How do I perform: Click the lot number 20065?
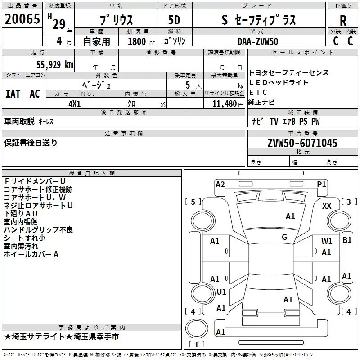click(x=22, y=19)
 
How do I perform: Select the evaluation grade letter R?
click(x=343, y=21)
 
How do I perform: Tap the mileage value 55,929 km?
click(x=55, y=65)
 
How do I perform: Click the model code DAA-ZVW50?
click(x=258, y=41)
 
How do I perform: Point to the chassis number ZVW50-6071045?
click(x=302, y=143)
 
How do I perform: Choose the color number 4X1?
click(x=75, y=104)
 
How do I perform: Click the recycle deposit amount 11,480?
click(x=225, y=104)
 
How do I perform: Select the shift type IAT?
click(x=13, y=94)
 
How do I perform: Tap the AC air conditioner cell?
click(x=35, y=94)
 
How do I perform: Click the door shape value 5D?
click(x=174, y=20)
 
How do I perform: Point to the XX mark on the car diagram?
click(x=327, y=206)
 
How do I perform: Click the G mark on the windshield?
click(x=284, y=237)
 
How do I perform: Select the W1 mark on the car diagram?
click(x=327, y=241)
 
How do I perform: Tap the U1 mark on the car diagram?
click(x=221, y=292)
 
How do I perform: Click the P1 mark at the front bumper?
click(x=321, y=184)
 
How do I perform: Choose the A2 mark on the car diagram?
click(x=220, y=184)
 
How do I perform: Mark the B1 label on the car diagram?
click(x=347, y=240)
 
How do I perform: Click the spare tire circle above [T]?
click(x=197, y=328)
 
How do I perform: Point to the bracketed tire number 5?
click(x=193, y=202)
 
